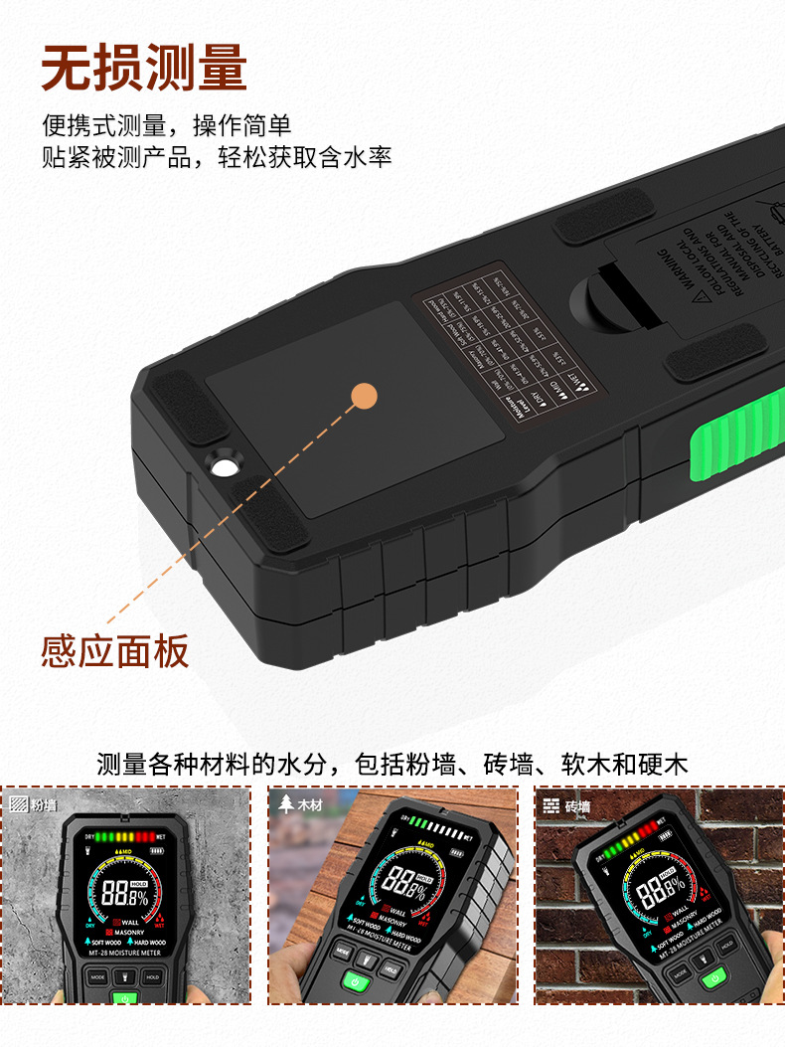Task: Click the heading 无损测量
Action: point(144,68)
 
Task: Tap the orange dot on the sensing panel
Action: point(365,395)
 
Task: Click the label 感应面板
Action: point(114,652)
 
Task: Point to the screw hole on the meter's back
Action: point(223,465)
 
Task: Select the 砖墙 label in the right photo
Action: point(577,806)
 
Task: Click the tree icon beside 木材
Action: point(286,804)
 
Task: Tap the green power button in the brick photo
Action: point(711,979)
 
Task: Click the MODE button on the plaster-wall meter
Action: point(97,976)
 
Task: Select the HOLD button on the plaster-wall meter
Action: point(152,976)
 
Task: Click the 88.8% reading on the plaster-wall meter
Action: point(125,893)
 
